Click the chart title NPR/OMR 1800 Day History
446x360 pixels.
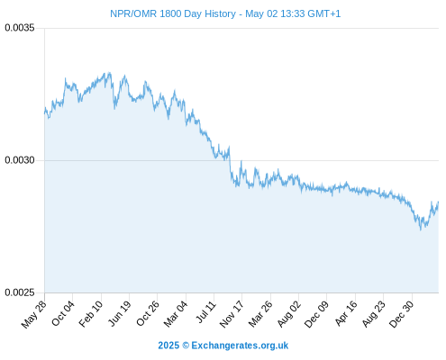point(173,13)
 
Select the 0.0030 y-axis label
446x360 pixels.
point(20,160)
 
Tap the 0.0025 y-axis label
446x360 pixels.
point(20,292)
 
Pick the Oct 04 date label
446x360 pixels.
point(63,313)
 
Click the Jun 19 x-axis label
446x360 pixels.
point(119,313)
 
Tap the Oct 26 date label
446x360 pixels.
point(148,313)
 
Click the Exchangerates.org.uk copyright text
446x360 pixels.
point(223,346)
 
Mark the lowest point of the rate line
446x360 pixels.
point(421,230)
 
